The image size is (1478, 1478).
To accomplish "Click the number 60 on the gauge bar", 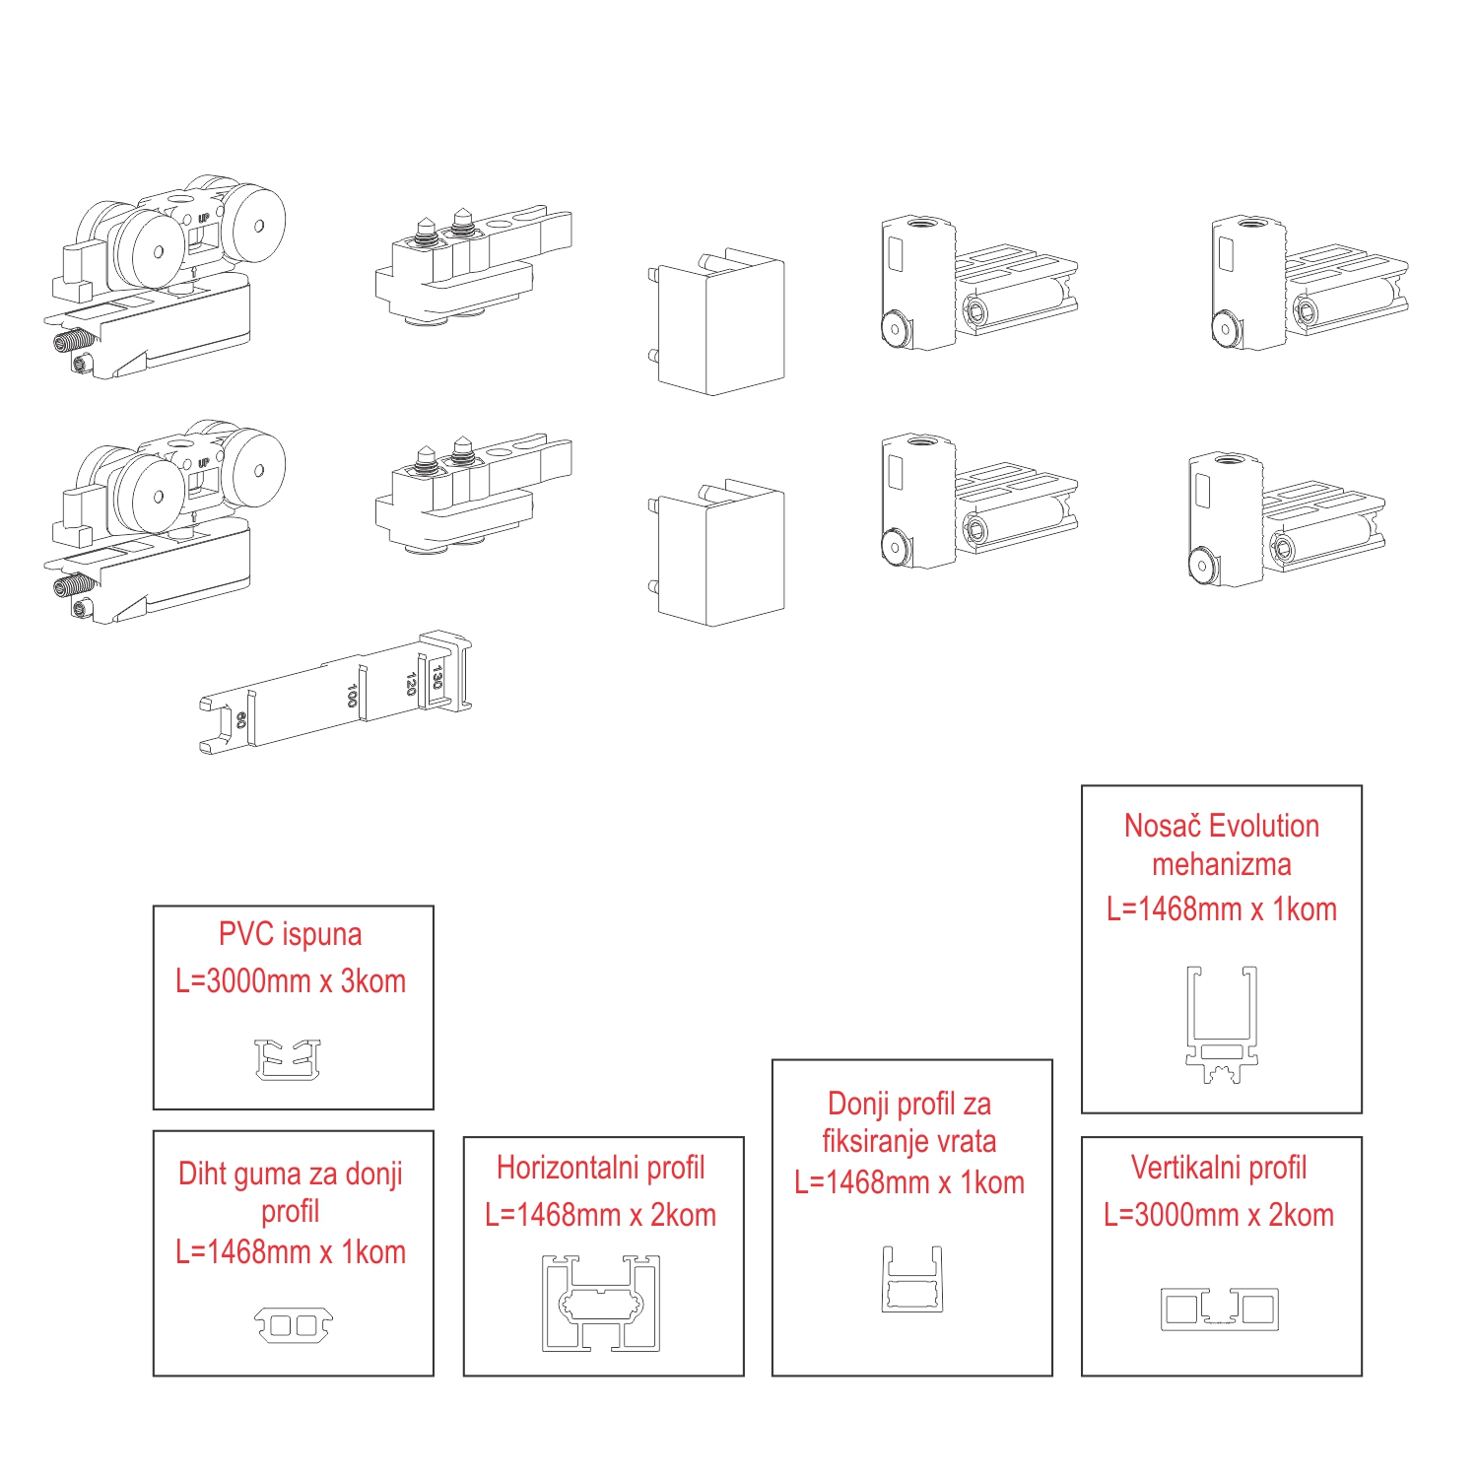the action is tap(241, 719).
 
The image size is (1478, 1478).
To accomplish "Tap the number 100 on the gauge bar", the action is tap(352, 695).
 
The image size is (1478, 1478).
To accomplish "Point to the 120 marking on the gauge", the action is tap(411, 683).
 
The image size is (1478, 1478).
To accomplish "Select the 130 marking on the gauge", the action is tap(437, 676).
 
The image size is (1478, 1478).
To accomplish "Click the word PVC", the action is tap(242, 934).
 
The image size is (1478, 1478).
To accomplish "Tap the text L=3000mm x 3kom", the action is tap(291, 981).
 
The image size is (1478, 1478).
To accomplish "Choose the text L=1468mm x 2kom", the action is tap(600, 1215).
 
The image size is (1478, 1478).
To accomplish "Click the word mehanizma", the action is tap(1222, 864).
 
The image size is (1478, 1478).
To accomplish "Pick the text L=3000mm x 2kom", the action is tap(1219, 1215).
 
